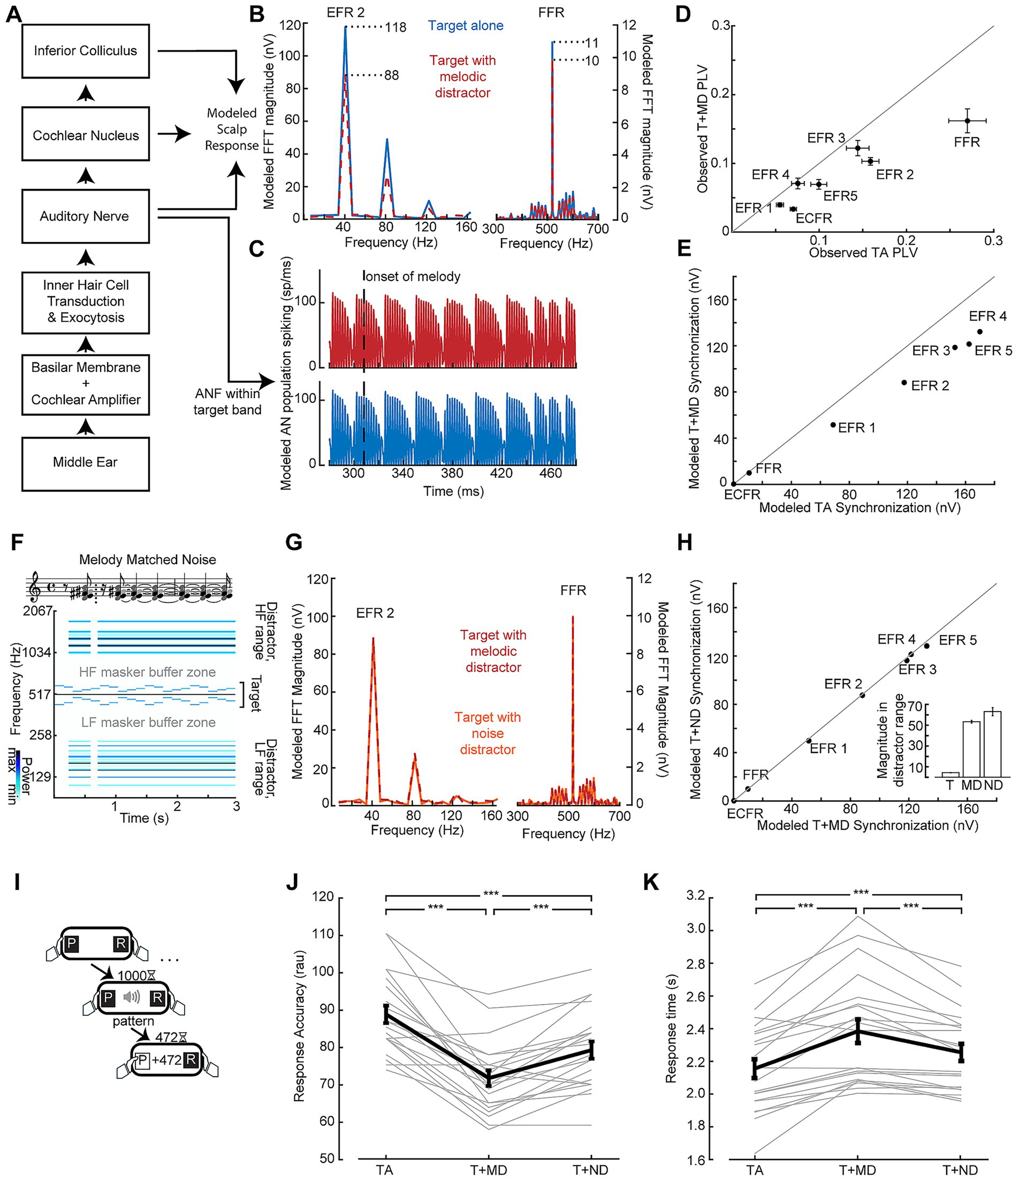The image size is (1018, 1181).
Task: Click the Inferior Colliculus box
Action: [x=86, y=51]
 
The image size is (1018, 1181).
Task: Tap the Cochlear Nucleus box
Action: [x=86, y=135]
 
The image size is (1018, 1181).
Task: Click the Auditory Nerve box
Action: [x=86, y=216]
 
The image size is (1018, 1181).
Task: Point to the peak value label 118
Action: [x=395, y=27]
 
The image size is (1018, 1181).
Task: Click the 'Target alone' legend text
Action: [x=465, y=26]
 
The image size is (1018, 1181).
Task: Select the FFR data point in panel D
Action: [x=967, y=121]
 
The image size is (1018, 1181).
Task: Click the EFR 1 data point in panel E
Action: [x=833, y=425]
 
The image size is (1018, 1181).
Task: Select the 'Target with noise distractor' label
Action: [x=488, y=733]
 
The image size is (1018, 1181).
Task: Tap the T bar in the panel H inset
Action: [x=950, y=774]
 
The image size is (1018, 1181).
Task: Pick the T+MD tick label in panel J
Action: [x=489, y=1170]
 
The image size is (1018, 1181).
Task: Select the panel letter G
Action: [x=293, y=543]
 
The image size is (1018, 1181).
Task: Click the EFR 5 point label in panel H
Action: [x=958, y=640]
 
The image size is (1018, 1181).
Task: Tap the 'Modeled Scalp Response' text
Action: [x=232, y=130]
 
